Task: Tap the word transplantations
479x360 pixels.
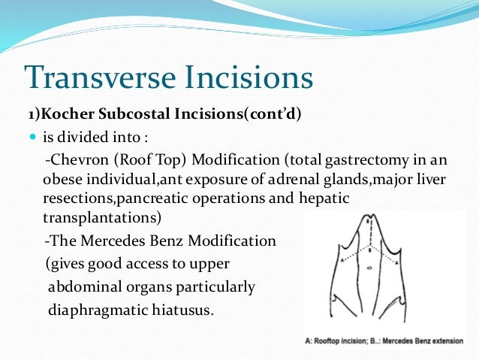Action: pos(95,216)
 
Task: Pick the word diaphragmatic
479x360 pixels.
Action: pos(96,310)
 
